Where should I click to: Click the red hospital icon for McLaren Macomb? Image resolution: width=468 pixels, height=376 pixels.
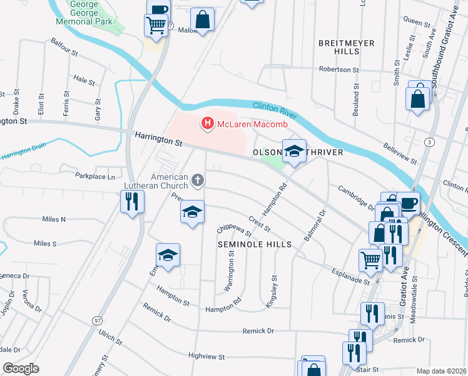[x=206, y=124]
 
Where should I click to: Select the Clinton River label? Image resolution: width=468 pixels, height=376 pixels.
[x=276, y=109]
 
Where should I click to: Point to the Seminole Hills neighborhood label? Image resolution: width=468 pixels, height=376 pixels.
[x=255, y=244]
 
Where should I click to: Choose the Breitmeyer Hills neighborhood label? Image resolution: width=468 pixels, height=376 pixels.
[x=346, y=48]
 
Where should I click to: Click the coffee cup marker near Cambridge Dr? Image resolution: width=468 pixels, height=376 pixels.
[x=408, y=203]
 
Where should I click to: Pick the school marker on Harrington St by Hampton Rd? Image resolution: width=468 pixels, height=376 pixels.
[x=294, y=150]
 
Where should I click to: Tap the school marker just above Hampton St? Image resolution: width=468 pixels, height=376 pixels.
[x=168, y=255]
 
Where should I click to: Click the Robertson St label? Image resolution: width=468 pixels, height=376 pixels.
[x=339, y=70]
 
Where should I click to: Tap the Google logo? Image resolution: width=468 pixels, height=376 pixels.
[x=21, y=368]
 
